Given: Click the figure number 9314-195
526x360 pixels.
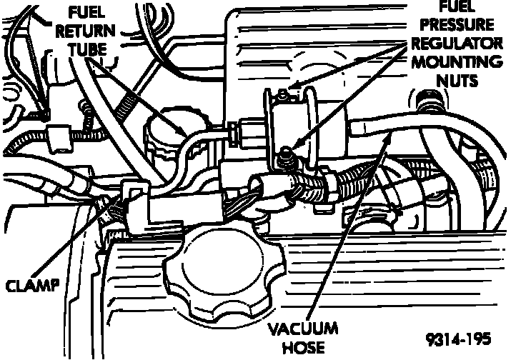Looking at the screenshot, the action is (x=461, y=338).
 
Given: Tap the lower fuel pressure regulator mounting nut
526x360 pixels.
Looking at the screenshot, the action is (x=285, y=151).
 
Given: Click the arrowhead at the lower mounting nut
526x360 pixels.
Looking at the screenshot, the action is (x=293, y=146).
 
